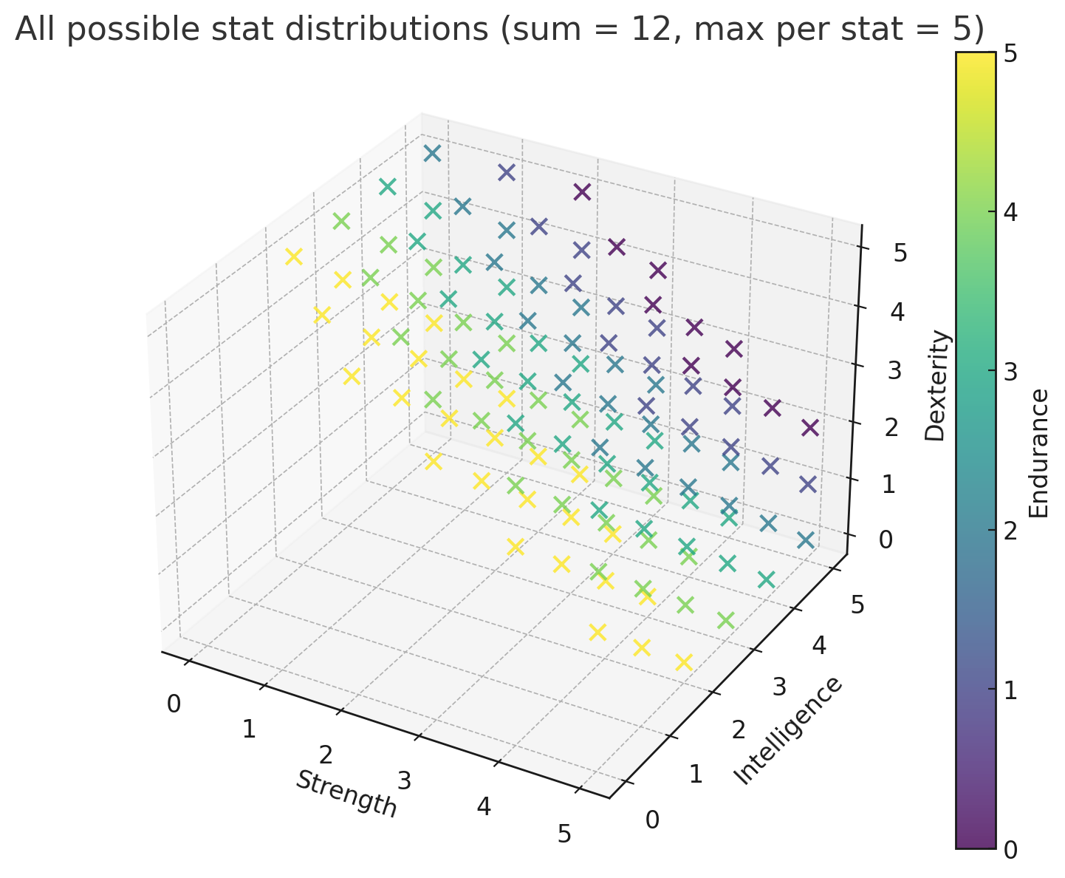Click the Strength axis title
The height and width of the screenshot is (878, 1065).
pyautogui.click(x=346, y=794)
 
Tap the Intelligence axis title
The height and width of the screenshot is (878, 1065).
pyautogui.click(x=787, y=730)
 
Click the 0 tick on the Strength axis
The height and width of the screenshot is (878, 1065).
pyautogui.click(x=174, y=704)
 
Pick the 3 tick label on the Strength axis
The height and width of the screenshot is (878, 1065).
pyautogui.click(x=404, y=780)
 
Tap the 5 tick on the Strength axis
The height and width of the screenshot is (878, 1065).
pyautogui.click(x=565, y=834)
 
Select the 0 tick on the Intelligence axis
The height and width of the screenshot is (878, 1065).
pyautogui.click(x=653, y=820)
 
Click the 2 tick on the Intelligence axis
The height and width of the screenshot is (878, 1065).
pyautogui.click(x=738, y=731)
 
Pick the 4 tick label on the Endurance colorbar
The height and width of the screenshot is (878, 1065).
pyautogui.click(x=1010, y=213)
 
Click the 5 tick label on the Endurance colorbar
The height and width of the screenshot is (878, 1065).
pyautogui.click(x=1010, y=54)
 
